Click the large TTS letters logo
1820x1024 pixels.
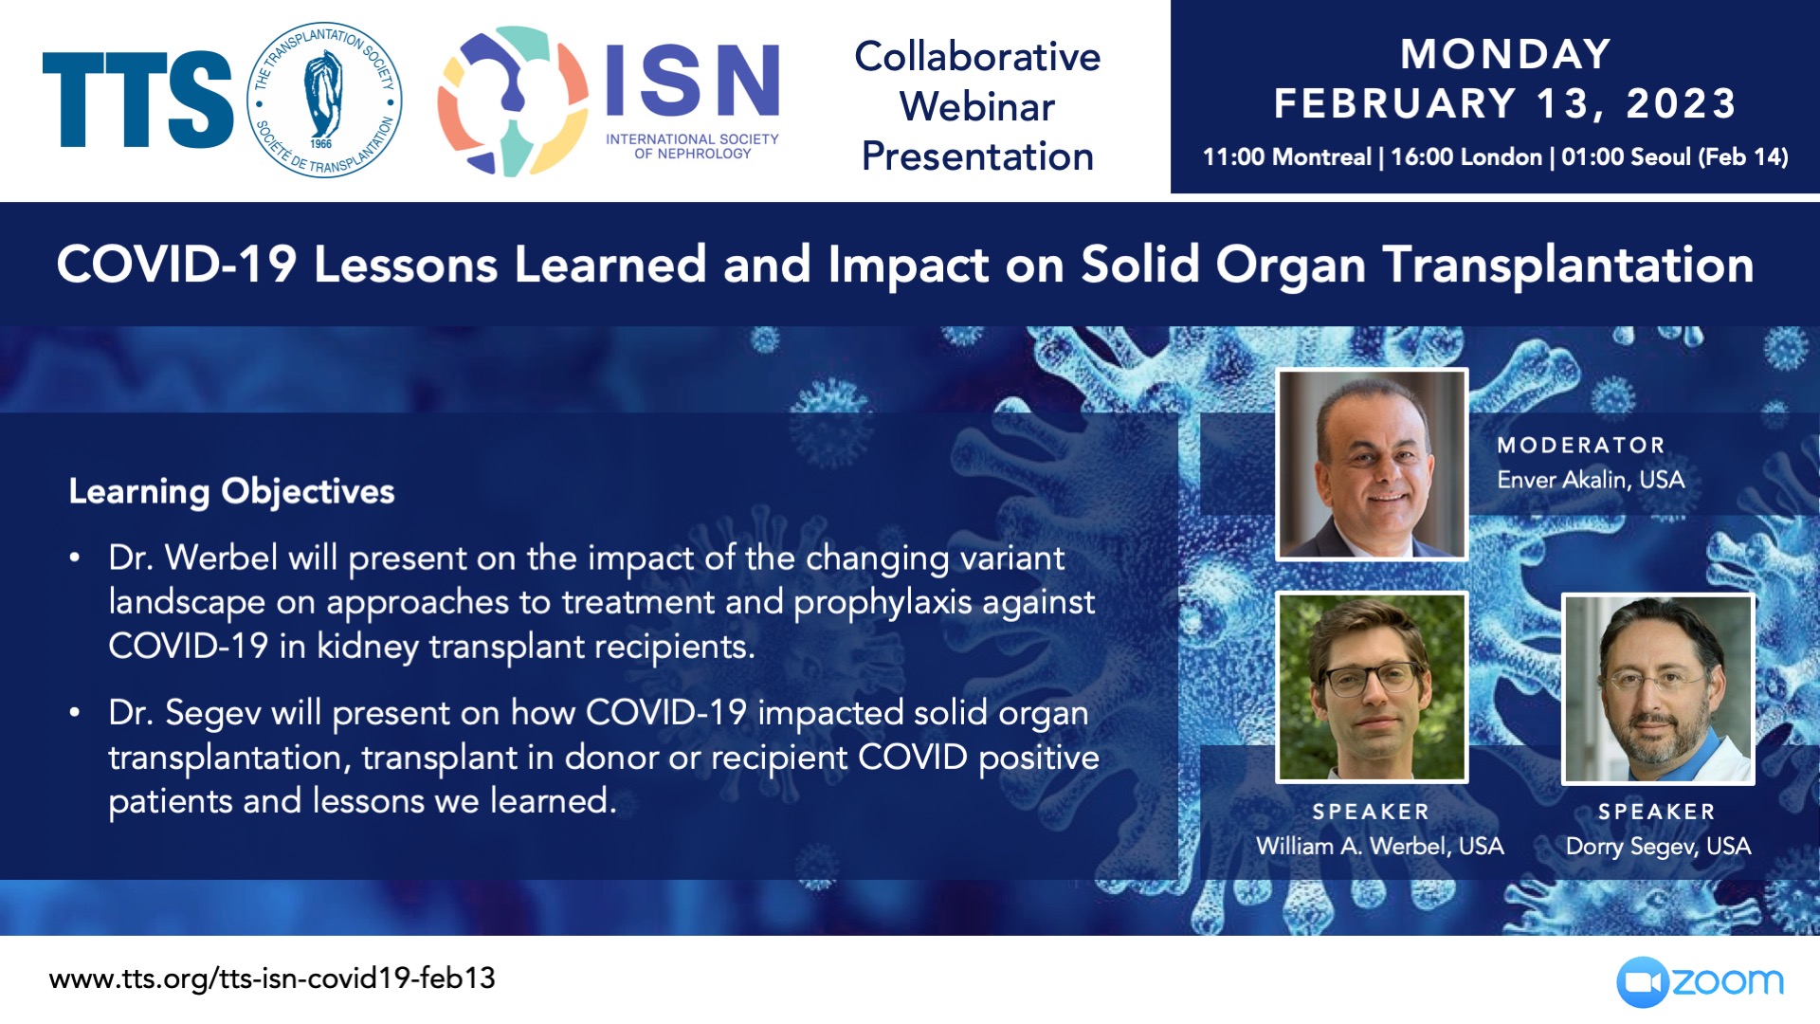(137, 100)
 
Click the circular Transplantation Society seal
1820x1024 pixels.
(324, 100)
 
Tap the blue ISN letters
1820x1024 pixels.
(692, 81)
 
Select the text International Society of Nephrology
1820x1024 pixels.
(692, 146)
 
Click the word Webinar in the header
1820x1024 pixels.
(977, 106)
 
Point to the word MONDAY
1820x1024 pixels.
(1506, 54)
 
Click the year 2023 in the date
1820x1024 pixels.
(1681, 103)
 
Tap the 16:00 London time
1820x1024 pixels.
(1466, 157)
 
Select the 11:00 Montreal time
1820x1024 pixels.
(1286, 157)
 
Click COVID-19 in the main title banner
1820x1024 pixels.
(176, 265)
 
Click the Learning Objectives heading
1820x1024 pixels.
(231, 492)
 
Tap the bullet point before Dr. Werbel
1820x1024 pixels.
(74, 558)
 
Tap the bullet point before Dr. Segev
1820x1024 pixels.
(74, 713)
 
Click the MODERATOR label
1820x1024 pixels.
(1581, 445)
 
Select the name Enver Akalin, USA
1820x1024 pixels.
(1591, 480)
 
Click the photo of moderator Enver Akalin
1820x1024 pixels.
(1372, 464)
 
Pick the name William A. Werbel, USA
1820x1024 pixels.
(1380, 846)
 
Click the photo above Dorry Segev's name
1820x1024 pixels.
(1658, 689)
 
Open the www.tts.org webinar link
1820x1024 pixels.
(272, 978)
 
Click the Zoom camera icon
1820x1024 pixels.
(1642, 982)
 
